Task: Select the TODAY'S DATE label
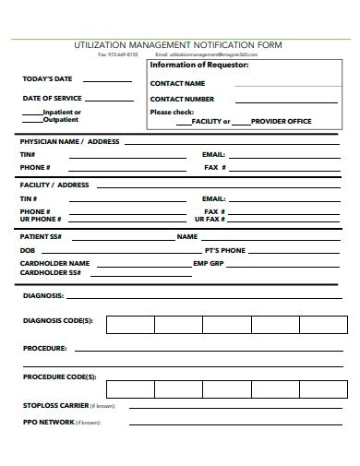click(x=47, y=78)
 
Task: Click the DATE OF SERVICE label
click(x=53, y=97)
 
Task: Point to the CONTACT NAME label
click(x=177, y=83)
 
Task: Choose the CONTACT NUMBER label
click(x=183, y=98)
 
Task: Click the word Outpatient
click(x=62, y=119)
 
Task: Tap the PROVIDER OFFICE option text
click(x=282, y=122)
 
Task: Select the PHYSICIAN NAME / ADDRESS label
click(x=70, y=142)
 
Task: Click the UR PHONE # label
click(x=41, y=219)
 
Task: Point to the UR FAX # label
click(x=210, y=219)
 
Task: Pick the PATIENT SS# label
click(x=42, y=236)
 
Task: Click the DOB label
click(x=28, y=250)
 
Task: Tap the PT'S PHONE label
click(x=225, y=250)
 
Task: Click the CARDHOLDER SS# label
click(x=51, y=273)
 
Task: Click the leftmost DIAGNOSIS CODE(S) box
click(x=129, y=324)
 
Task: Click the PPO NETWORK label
click(x=49, y=421)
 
